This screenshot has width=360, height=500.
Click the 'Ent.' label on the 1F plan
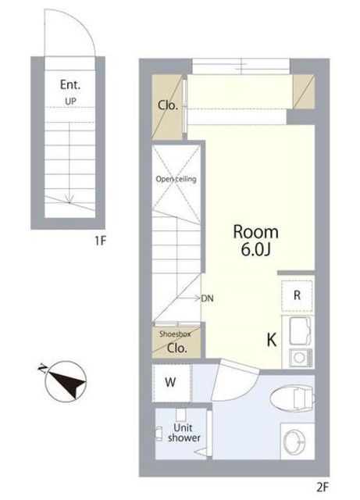(70, 85)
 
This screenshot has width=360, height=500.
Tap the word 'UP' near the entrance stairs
(70, 102)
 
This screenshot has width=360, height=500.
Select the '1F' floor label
(100, 241)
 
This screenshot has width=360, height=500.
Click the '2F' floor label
(323, 487)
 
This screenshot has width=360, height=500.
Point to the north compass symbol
(65, 380)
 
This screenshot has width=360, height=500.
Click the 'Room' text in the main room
(255, 232)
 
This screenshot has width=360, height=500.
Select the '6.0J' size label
(255, 250)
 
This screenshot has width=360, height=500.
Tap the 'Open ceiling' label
(176, 179)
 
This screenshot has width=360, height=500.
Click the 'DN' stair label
(207, 298)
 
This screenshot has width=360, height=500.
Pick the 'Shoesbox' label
(175, 334)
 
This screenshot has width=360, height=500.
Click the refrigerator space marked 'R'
(297, 295)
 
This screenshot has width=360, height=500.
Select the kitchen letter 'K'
(271, 341)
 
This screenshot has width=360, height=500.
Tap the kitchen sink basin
(300, 330)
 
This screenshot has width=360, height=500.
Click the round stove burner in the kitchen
(299, 358)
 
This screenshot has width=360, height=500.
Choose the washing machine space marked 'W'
(172, 383)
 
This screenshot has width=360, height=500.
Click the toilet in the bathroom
(293, 398)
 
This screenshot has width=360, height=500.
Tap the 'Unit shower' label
(184, 433)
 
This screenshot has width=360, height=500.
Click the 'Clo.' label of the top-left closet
(168, 105)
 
